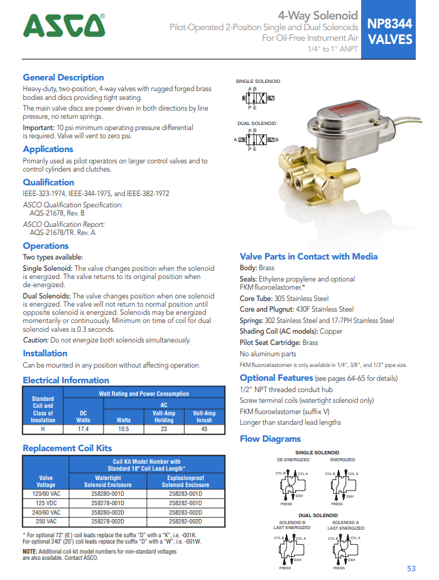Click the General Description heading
63,77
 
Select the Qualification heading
48,182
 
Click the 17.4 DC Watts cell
83,429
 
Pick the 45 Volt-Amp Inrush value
203,429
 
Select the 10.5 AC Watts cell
123,429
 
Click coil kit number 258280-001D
108,494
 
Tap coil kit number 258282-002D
186,521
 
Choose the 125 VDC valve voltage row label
46,503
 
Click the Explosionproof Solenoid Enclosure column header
186,481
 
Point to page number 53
411,568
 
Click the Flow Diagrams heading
270,439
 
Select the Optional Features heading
276,378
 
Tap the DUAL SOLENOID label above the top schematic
257,124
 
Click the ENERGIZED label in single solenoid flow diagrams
343,459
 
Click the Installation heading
45,353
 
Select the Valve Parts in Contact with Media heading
308,256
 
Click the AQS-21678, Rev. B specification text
57,213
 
